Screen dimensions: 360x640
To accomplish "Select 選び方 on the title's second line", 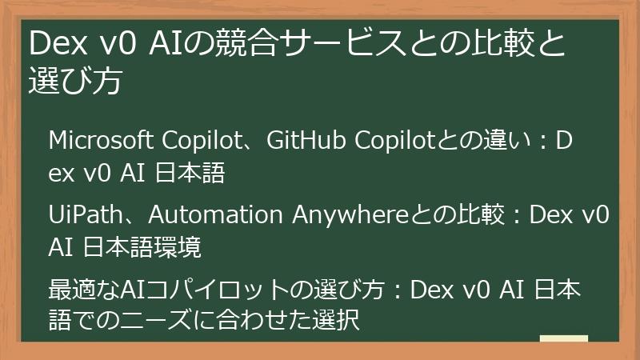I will point(75,82).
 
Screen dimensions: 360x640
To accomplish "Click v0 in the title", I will point(119,45).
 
